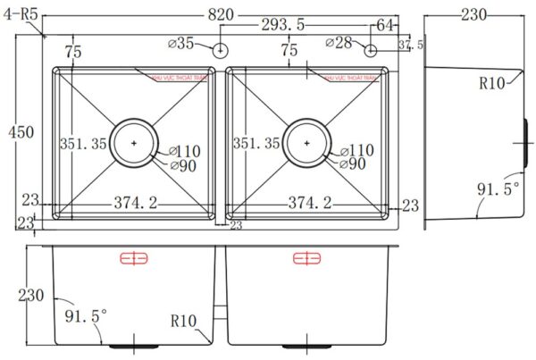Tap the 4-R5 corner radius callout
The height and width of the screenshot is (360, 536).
coord(21,13)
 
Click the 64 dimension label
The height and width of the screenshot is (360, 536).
coord(385,24)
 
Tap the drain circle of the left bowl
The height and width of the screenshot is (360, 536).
coord(134,141)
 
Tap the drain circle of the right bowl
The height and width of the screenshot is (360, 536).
coord(306,141)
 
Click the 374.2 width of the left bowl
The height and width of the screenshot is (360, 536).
coord(135,204)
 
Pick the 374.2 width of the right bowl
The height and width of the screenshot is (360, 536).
coord(309,204)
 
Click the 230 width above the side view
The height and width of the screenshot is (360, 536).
coord(474,14)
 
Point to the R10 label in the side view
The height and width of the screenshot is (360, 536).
coord(493,84)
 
